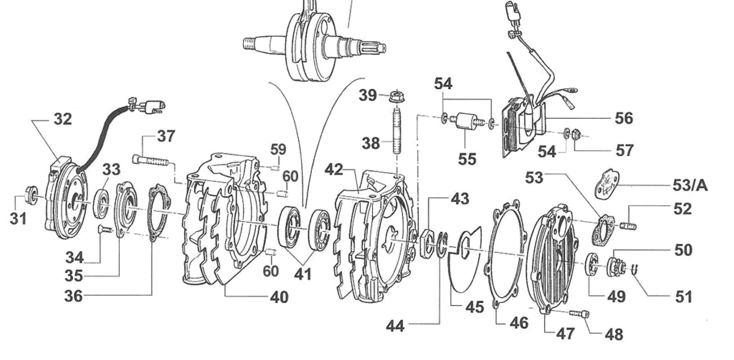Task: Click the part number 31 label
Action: (x=18, y=218)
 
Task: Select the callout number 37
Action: (x=166, y=136)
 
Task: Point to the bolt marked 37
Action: (x=151, y=160)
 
